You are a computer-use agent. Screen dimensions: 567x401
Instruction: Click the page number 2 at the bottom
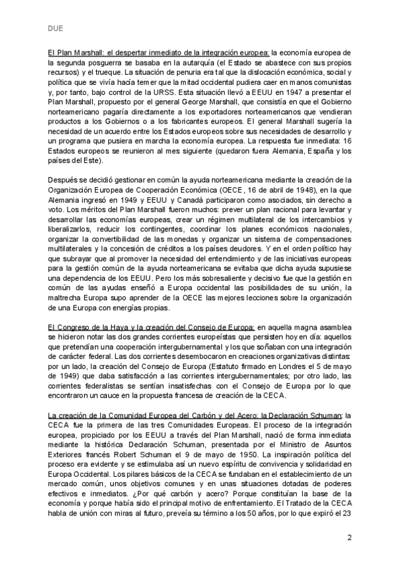pos(350,538)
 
